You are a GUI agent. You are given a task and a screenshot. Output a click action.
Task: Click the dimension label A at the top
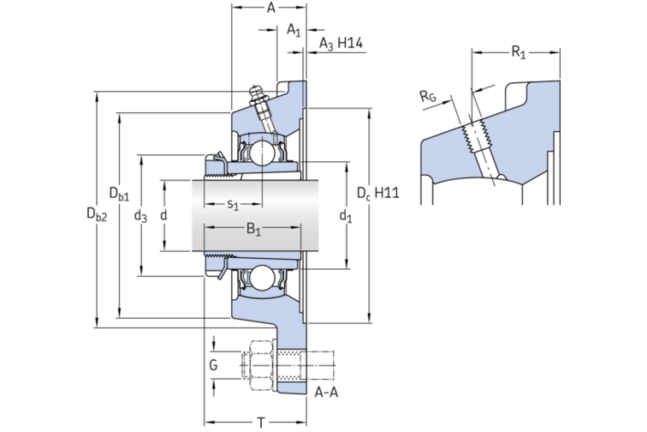270,9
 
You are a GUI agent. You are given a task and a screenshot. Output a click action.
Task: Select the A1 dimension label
294,31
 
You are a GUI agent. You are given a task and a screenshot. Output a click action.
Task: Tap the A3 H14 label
341,43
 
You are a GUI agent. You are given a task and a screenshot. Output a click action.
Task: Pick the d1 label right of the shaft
345,217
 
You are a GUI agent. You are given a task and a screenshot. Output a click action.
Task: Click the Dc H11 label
377,193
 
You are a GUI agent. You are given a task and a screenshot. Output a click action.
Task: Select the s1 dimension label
232,204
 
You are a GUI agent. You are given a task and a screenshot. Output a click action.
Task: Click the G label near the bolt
214,366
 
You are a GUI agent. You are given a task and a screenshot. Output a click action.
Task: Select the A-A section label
325,393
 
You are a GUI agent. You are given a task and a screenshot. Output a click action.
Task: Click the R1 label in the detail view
519,53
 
